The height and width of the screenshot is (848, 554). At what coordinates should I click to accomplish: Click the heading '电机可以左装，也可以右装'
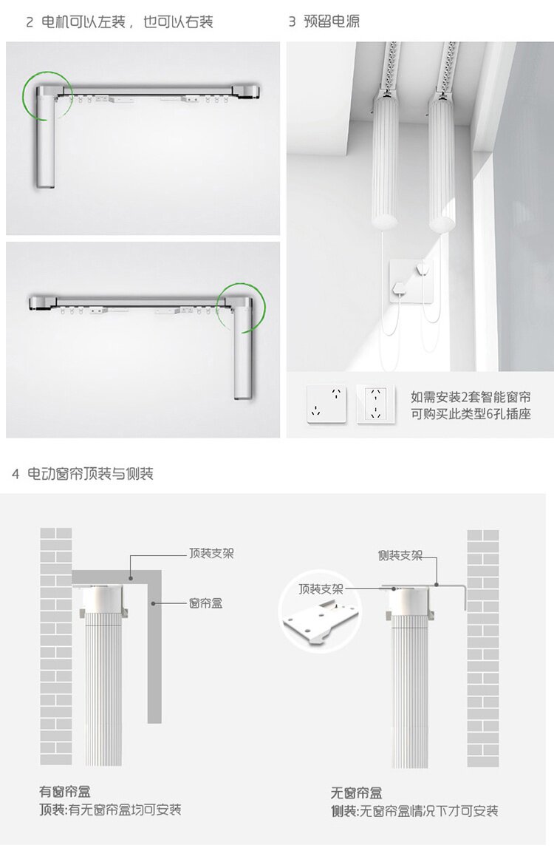coord(127,21)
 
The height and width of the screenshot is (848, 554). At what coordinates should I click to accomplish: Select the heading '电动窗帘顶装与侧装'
coord(90,474)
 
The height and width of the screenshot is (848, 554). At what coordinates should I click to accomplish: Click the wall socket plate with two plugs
coord(411,281)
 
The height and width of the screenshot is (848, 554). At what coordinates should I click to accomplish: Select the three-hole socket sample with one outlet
coord(326,404)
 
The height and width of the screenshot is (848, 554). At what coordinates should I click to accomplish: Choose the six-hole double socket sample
coord(376,404)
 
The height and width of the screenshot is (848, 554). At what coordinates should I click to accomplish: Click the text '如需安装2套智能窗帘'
coord(471,398)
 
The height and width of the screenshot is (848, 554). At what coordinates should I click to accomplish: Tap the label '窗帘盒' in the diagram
coord(205,603)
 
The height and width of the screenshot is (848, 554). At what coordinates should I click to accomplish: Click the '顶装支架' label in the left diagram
coord(211,554)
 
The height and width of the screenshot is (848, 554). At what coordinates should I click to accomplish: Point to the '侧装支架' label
coord(400,555)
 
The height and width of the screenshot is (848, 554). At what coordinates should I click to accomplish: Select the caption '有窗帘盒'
coord(65,792)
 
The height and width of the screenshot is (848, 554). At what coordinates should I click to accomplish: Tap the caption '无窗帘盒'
coord(357,793)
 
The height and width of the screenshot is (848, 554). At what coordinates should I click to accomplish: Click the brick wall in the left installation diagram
coord(56,646)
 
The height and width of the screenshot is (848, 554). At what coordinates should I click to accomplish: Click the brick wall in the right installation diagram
coord(483,648)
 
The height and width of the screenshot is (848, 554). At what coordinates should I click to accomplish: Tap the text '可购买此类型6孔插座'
coord(471,414)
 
